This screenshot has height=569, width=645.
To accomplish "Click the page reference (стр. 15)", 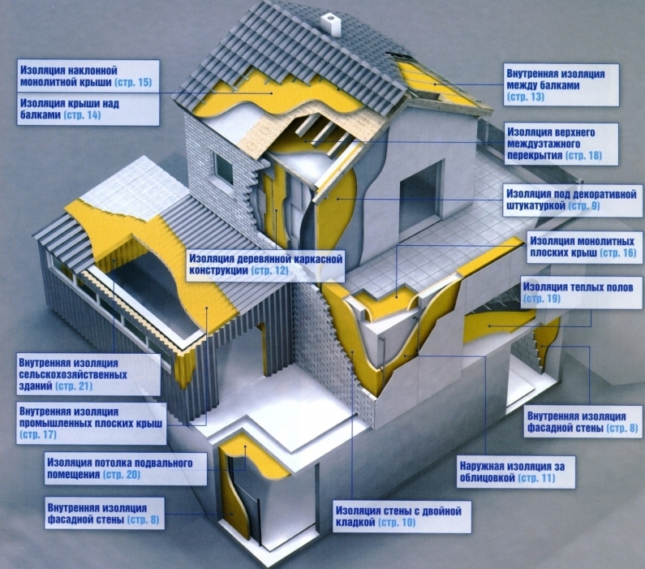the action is [x=133, y=82].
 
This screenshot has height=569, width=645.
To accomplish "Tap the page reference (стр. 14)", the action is [x=82, y=114].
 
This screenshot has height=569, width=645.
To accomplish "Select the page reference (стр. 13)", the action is [x=525, y=97].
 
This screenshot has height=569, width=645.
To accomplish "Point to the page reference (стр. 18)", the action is [x=583, y=156].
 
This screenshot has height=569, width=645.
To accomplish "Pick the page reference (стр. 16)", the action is [x=618, y=252].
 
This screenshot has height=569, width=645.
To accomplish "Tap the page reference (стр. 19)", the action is [x=542, y=298].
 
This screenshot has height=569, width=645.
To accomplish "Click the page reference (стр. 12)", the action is [x=269, y=270].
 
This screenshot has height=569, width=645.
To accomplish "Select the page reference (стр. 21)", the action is [x=74, y=386].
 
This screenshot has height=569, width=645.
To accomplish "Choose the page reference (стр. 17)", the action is [x=37, y=434].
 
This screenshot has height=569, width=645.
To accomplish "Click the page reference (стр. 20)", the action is [x=122, y=474].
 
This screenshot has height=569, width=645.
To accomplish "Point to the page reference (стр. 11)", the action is [x=536, y=477].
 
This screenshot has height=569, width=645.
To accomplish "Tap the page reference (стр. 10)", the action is [x=397, y=523].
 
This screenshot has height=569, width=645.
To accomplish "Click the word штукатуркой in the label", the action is [x=535, y=205].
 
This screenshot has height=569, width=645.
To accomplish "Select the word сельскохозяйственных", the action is [x=73, y=375].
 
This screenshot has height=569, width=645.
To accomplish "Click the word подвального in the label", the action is [x=163, y=463].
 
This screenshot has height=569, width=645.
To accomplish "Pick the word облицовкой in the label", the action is [x=487, y=477].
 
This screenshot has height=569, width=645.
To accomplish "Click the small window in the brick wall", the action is [x=223, y=166].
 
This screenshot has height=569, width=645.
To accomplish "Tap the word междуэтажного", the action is [x=544, y=144].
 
